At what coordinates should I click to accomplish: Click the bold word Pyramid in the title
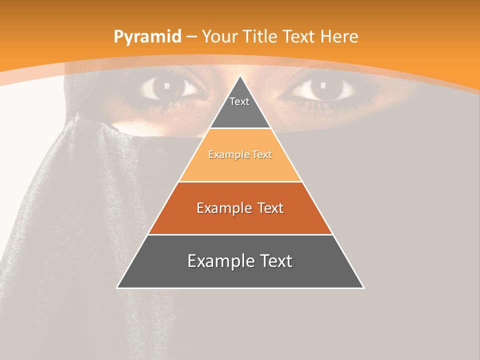pyautogui.click(x=147, y=37)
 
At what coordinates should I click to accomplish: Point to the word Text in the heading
pyautogui.click(x=299, y=36)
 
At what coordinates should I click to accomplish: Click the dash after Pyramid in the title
pyautogui.click(x=191, y=37)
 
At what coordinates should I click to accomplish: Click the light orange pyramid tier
pyautogui.click(x=240, y=165)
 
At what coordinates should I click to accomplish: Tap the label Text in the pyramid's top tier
pyautogui.click(x=239, y=101)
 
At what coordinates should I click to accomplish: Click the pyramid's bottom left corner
pyautogui.click(x=117, y=287)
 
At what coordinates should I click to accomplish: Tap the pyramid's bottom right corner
pyautogui.click(x=363, y=287)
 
